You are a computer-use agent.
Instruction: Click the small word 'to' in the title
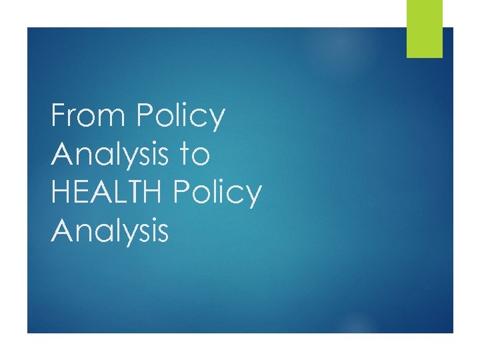[x=195, y=155]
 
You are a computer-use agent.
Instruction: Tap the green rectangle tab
[x=425, y=29]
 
